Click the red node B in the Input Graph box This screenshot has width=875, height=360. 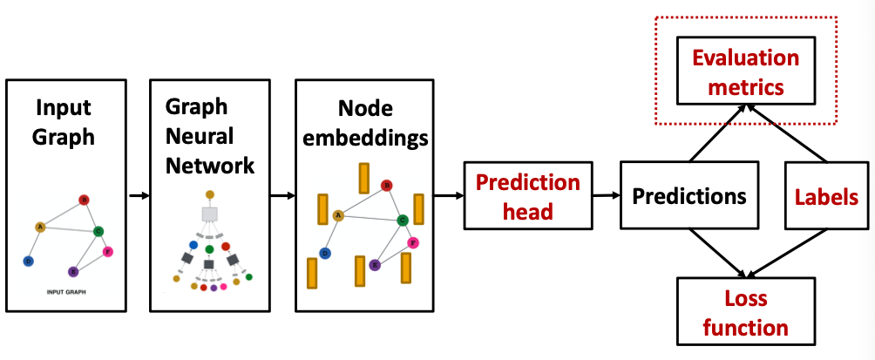(84, 200)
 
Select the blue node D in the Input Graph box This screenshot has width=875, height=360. (29, 261)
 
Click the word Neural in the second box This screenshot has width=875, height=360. (199, 136)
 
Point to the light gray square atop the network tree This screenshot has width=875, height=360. (209, 214)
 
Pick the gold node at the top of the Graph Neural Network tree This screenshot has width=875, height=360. (209, 194)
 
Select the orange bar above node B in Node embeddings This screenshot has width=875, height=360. (363, 178)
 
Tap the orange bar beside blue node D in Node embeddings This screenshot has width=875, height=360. (311, 273)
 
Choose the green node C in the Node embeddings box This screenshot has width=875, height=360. (403, 221)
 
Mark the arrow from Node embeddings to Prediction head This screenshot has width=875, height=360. (448, 194)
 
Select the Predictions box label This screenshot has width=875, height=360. (689, 195)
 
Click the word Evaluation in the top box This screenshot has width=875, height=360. (745, 58)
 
